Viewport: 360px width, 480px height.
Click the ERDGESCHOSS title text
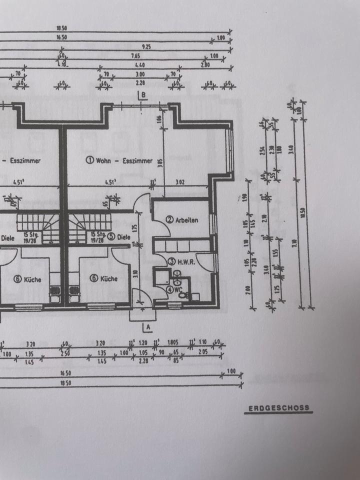pos(279,408)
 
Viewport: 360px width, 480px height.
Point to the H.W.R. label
pos(183,260)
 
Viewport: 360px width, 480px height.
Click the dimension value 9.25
pos(146,46)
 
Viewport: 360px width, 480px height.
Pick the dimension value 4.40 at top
pos(138,65)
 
